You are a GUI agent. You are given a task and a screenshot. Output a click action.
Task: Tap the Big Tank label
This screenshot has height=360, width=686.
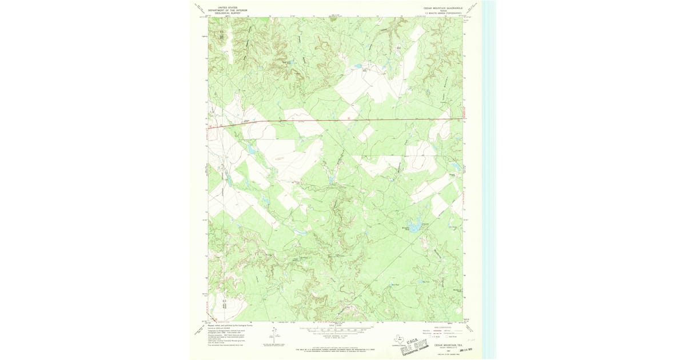[424, 281]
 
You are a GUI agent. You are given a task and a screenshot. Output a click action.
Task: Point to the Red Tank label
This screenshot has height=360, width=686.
[394, 283]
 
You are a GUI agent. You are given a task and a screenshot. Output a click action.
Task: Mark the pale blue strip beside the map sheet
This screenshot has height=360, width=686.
[489, 171]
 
